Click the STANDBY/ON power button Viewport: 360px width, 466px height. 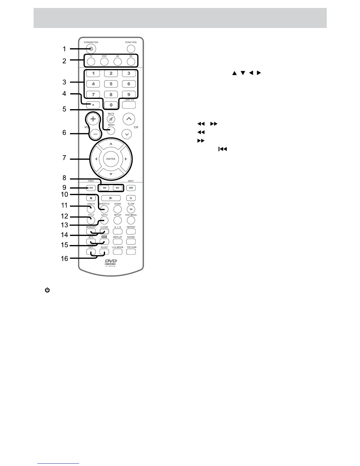(x=91, y=49)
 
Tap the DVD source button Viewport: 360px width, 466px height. (x=104, y=61)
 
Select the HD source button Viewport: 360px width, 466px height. (x=131, y=61)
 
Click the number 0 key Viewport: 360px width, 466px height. (x=111, y=105)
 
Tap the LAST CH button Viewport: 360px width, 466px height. (x=129, y=104)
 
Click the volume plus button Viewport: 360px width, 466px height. (x=93, y=119)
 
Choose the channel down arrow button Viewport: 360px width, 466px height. (x=127, y=134)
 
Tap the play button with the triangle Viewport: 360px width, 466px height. (x=111, y=198)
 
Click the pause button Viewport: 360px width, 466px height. (x=131, y=198)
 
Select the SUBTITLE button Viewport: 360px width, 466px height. (x=104, y=209)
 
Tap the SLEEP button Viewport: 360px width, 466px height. (x=104, y=252)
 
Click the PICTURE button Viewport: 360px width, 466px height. (x=131, y=252)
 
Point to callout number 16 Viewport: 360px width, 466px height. (x=64, y=259)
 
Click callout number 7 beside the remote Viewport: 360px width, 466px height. (x=64, y=158)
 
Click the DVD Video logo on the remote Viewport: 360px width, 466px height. (x=111, y=263)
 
